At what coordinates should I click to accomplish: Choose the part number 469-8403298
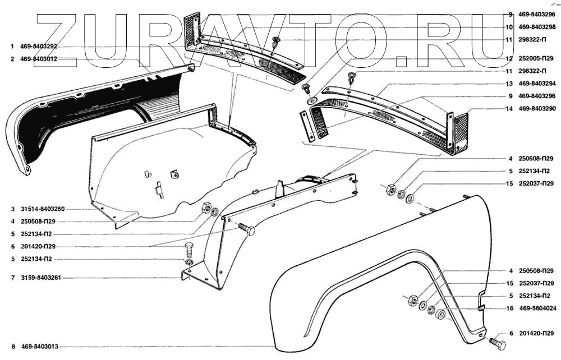point(536,26)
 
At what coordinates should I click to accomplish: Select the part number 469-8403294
point(536,84)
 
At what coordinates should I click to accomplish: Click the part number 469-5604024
point(536,308)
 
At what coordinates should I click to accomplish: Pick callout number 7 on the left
point(11,278)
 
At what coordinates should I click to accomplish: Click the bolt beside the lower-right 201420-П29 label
point(496,340)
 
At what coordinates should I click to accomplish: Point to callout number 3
point(11,209)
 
